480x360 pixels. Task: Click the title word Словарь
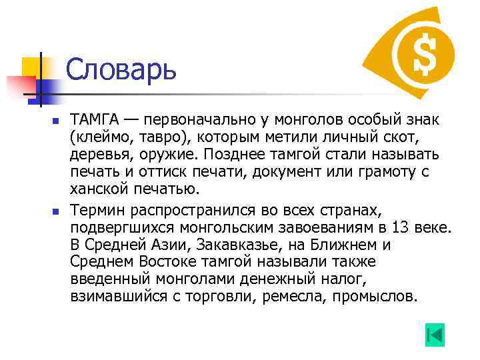coord(121,69)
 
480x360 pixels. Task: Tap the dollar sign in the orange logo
coord(423,51)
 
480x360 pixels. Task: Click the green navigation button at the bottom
coord(434,335)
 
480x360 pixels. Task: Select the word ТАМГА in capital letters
coord(95,120)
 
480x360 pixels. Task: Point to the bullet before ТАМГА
coord(56,121)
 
